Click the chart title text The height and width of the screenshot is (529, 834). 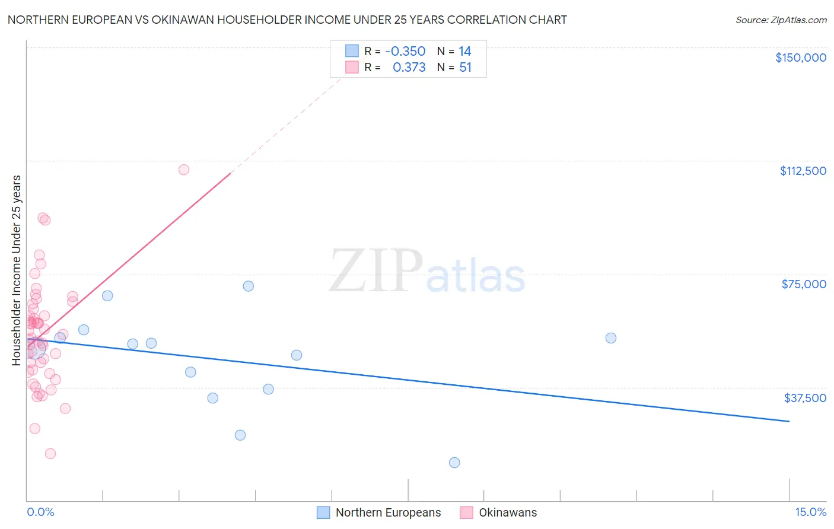pyautogui.click(x=287, y=20)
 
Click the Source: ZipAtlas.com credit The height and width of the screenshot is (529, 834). pyautogui.click(x=781, y=20)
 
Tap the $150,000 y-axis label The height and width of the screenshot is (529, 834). pyautogui.click(x=800, y=58)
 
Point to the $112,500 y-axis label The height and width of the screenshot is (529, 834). pyautogui.click(x=803, y=171)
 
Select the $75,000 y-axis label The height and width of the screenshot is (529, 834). pyautogui.click(x=803, y=284)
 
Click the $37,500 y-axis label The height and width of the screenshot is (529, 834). pyautogui.click(x=804, y=398)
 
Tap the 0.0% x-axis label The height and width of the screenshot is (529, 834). pyautogui.click(x=40, y=512)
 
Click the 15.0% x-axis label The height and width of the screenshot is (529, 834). pyautogui.click(x=810, y=512)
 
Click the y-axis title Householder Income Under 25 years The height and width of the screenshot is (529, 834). pyautogui.click(x=17, y=270)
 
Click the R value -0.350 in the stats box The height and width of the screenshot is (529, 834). pyautogui.click(x=405, y=52)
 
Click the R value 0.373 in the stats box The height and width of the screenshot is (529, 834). pyautogui.click(x=409, y=68)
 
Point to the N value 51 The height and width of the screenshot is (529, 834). pyautogui.click(x=465, y=68)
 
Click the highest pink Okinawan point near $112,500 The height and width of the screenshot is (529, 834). pyautogui.click(x=184, y=170)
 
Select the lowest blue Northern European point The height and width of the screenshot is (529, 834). pyautogui.click(x=454, y=463)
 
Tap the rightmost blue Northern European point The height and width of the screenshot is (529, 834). pyautogui.click(x=611, y=338)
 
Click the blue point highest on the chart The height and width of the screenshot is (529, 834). pyautogui.click(x=249, y=286)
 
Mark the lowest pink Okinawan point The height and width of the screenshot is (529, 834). pyautogui.click(x=50, y=454)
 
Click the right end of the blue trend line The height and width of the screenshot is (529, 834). pyautogui.click(x=789, y=421)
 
